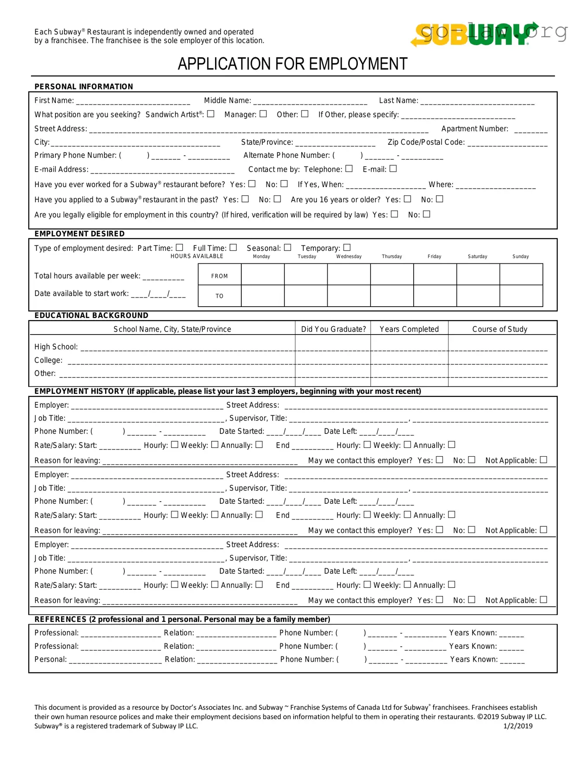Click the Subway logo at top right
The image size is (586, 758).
(473, 34)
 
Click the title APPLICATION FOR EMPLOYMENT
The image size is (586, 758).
(292, 64)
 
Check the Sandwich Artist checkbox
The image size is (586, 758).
(211, 114)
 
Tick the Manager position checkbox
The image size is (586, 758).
(263, 114)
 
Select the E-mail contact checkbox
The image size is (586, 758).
(393, 168)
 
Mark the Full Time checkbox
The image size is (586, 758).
(233, 247)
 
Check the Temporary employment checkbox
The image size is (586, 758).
(347, 247)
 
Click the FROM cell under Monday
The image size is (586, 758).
(263, 274)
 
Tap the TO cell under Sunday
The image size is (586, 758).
(521, 296)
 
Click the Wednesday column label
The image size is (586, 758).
(349, 256)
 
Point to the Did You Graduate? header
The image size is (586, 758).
(333, 329)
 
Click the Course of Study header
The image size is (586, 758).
(500, 329)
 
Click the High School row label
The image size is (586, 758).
(56, 347)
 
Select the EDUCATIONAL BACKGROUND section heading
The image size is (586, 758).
(91, 315)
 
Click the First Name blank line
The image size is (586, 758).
(133, 102)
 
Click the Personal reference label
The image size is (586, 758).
(51, 659)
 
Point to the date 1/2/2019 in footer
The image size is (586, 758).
(517, 726)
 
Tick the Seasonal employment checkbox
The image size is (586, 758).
(288, 247)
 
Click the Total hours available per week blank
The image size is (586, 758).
(163, 277)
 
